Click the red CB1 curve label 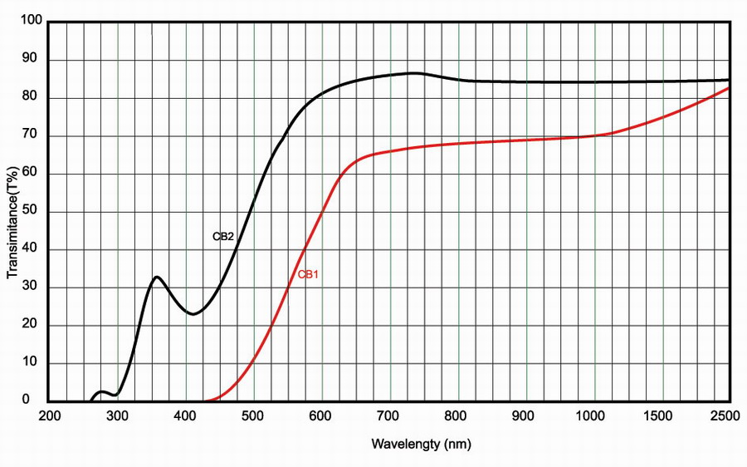(309, 274)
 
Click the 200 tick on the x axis (50, 417)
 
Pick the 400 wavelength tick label (186, 417)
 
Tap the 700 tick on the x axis (390, 417)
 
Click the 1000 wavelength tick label (594, 417)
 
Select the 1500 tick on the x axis (662, 417)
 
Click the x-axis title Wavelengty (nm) (421, 445)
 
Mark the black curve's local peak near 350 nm (156, 276)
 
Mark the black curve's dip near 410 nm (193, 314)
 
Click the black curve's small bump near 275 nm (102, 391)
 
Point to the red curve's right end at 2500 (730, 87)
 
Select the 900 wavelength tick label (526, 417)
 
